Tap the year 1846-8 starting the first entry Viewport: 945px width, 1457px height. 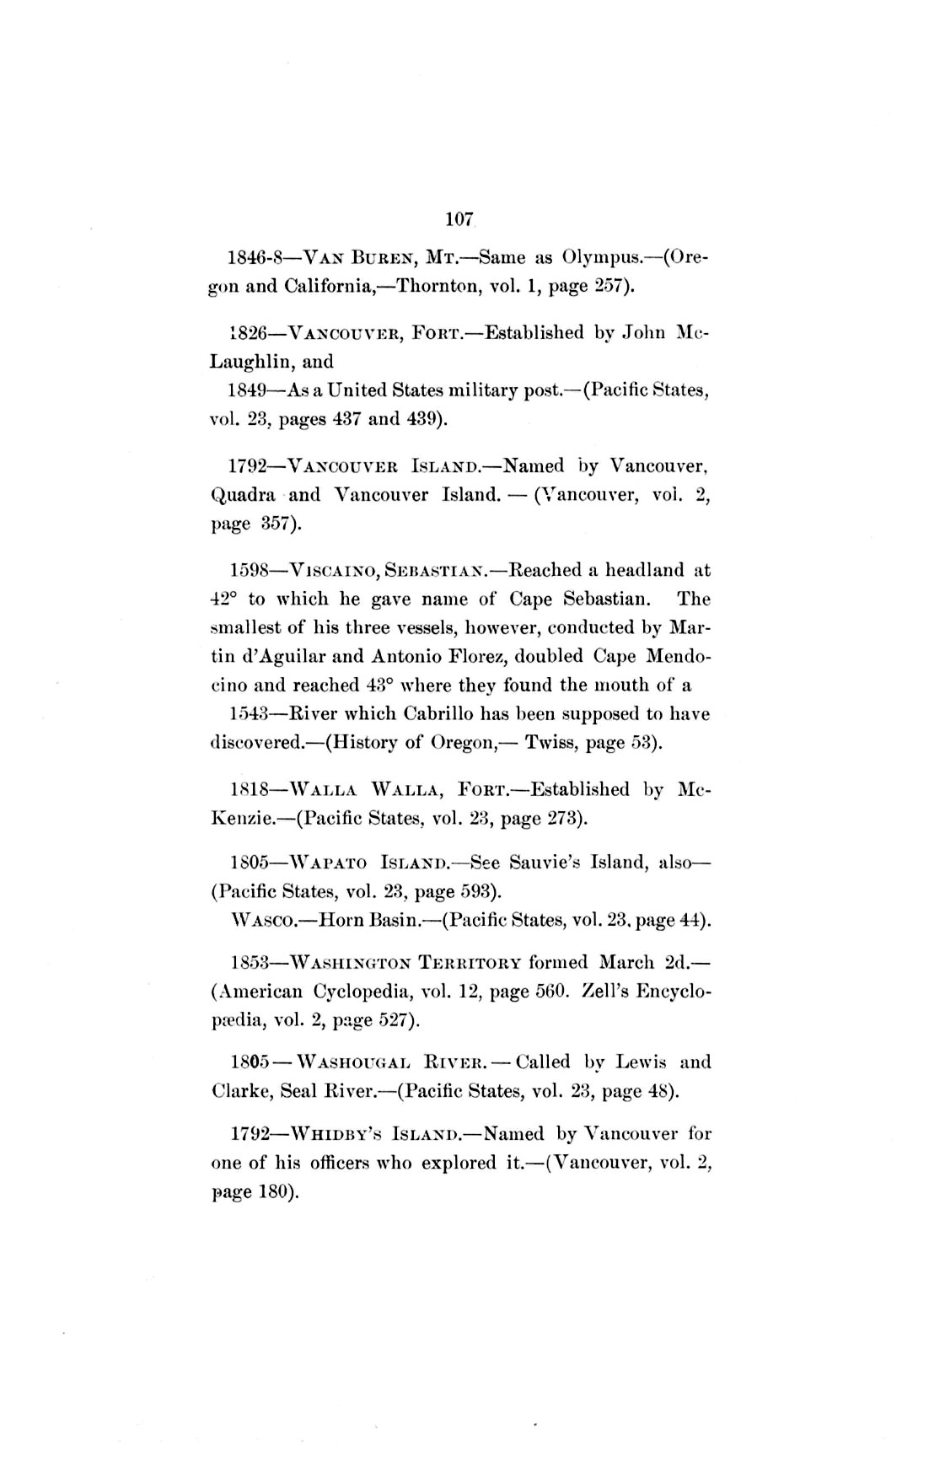pyautogui.click(x=253, y=256)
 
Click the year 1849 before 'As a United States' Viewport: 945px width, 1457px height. pyautogui.click(x=248, y=391)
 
